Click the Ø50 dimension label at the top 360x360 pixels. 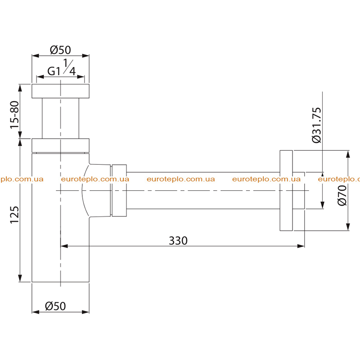pos(60,50)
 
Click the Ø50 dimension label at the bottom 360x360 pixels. pos(55,306)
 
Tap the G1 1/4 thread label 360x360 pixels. pos(61,67)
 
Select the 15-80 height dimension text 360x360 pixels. pos(14,115)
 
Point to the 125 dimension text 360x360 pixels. pos(14,215)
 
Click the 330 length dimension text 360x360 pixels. pos(178,241)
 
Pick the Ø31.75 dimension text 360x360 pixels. pos(317,125)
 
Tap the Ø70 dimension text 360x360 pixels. pos(342,195)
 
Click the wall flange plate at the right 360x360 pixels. pos(286,190)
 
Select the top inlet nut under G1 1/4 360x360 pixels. pos(60,91)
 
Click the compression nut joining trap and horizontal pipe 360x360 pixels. pos(119,190)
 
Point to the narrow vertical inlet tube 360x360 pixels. pos(60,118)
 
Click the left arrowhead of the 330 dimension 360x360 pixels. pos(64,246)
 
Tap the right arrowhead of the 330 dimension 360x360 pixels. pos(301,246)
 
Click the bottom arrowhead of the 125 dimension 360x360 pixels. pos(20,278)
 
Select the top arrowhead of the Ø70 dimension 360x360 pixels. pos(348,154)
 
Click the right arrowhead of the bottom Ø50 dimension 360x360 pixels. pos(85,312)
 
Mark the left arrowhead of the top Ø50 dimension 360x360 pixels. pos(36,55)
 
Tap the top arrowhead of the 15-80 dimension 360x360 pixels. pos(20,88)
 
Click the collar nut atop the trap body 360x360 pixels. pos(60,145)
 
